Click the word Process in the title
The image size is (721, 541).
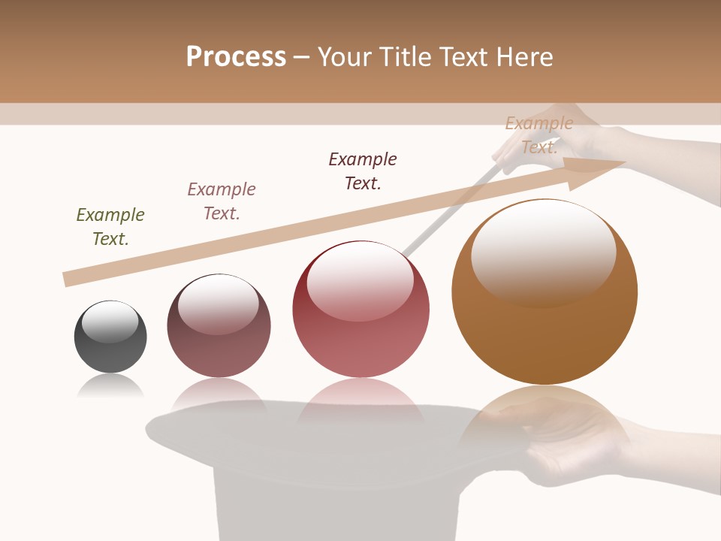[236, 57]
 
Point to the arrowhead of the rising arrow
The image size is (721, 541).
[593, 171]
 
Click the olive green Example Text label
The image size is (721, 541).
[110, 227]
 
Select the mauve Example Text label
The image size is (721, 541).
[222, 201]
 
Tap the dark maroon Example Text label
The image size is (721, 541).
[363, 171]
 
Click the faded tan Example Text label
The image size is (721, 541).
[538, 135]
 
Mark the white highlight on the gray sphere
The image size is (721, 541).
[110, 322]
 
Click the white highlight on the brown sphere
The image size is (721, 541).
[543, 252]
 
